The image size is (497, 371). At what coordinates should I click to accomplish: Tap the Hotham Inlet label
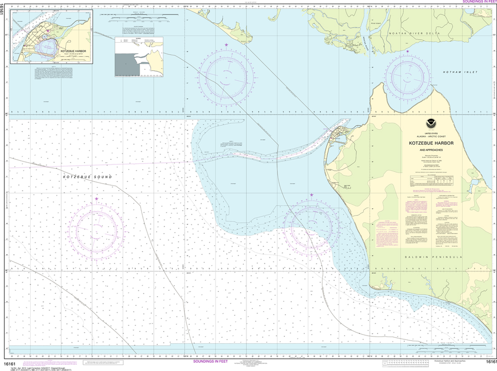pos(457,72)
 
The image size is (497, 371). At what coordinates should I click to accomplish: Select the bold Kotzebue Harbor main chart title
pos(431,143)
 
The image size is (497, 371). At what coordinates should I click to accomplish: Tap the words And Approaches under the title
pos(431,151)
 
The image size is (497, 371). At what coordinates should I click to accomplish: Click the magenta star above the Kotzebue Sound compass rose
pos(97,199)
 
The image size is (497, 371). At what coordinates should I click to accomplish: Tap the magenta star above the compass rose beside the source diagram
pos(226,45)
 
